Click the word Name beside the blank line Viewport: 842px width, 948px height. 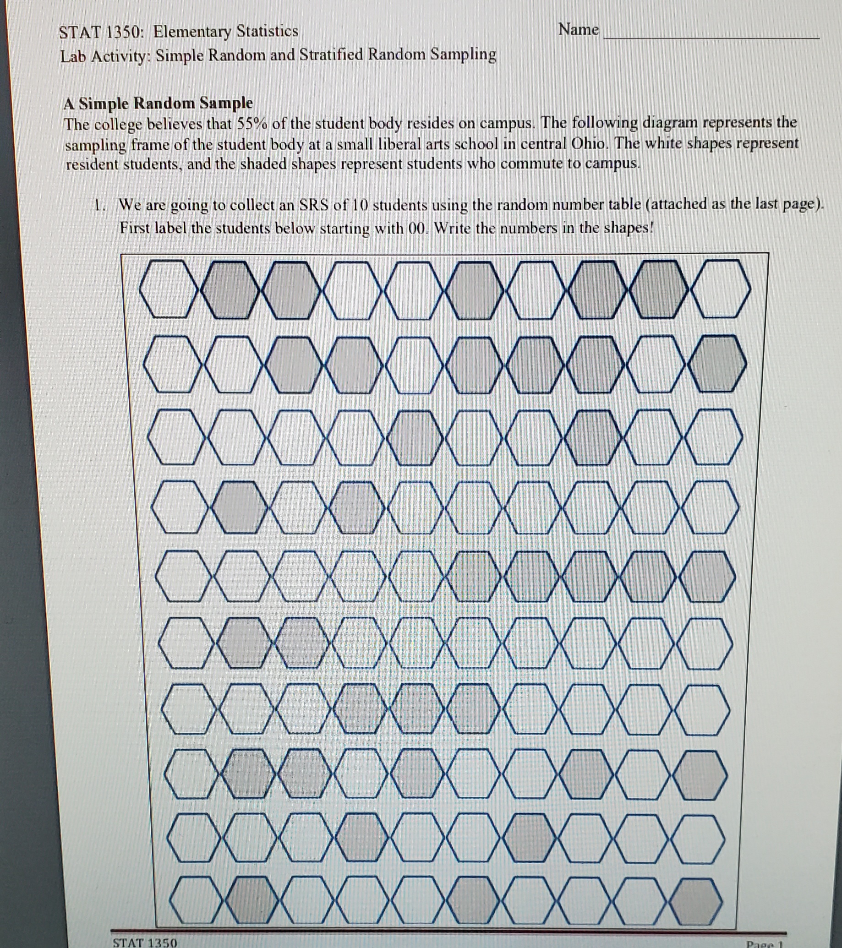click(x=579, y=30)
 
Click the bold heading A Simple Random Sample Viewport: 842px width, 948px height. click(x=158, y=103)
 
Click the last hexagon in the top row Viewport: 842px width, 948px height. click(x=721, y=289)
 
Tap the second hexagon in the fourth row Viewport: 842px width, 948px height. click(x=239, y=507)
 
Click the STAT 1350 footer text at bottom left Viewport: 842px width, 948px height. click(x=145, y=942)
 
